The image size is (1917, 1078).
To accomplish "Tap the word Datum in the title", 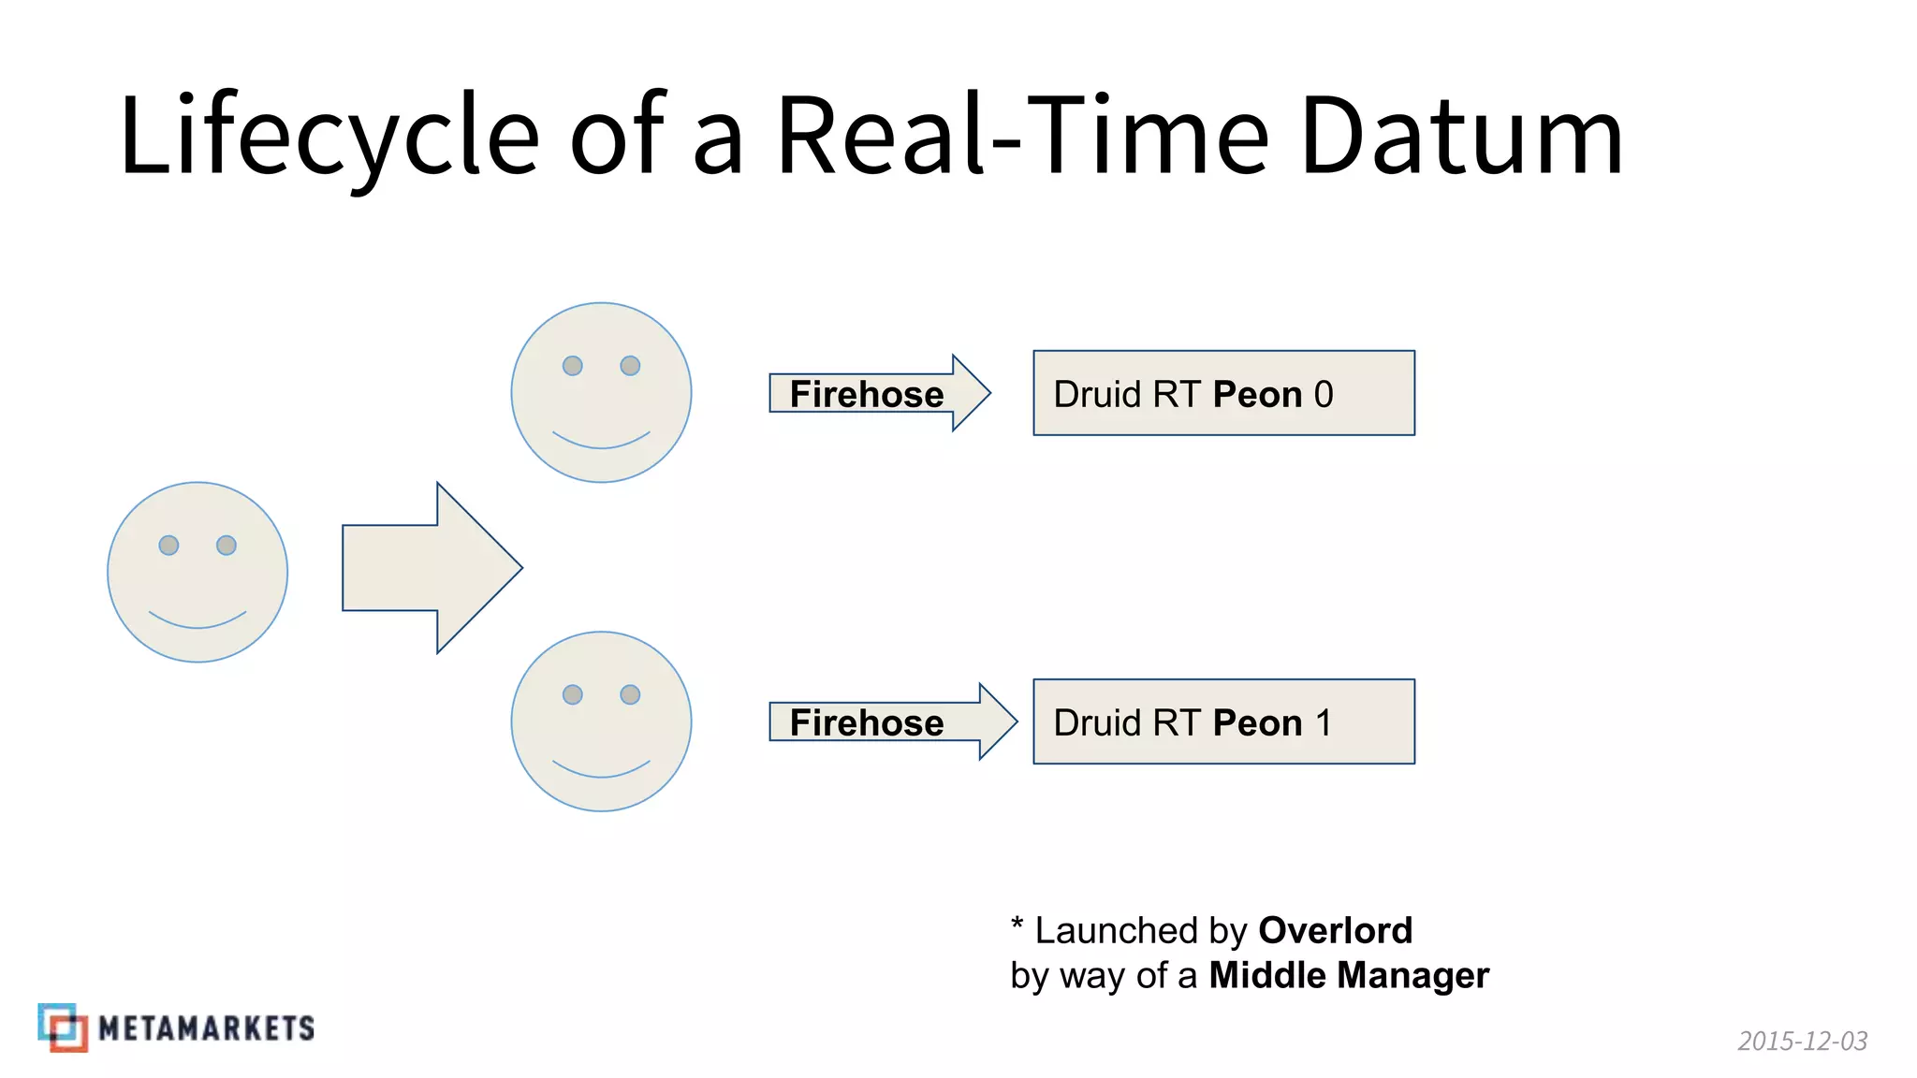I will pos(1461,136).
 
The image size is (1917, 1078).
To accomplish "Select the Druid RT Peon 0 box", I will pos(1223,393).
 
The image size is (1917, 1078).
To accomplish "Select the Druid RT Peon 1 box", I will pos(1223,721).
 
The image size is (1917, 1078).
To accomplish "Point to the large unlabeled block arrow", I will pos(431,568).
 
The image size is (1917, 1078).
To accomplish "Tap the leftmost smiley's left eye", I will pos(168,545).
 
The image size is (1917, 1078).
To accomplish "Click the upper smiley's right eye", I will pos(630,365).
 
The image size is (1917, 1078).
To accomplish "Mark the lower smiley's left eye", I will pos(572,694).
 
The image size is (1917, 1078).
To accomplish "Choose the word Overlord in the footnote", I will pos(1335,930).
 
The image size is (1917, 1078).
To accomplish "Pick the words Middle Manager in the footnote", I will pos(1348,975).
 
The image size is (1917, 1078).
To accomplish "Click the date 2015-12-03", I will pos(1802,1041).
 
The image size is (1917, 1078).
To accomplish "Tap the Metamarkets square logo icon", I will pos(63,1027).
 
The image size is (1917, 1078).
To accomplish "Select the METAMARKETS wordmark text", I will pos(206,1028).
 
